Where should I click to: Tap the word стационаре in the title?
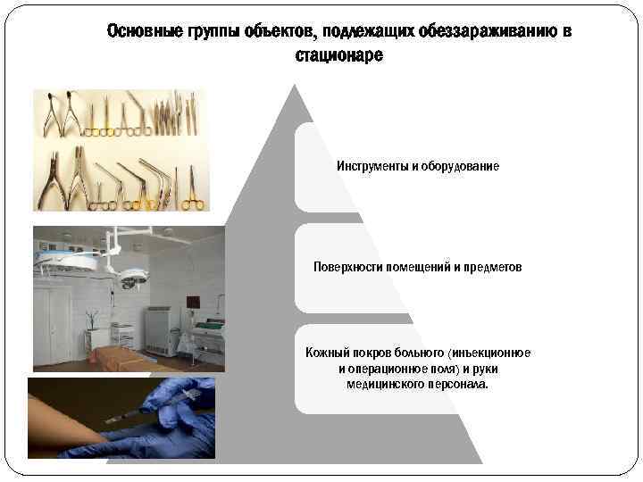338,55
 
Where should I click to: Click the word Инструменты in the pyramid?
372,167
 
